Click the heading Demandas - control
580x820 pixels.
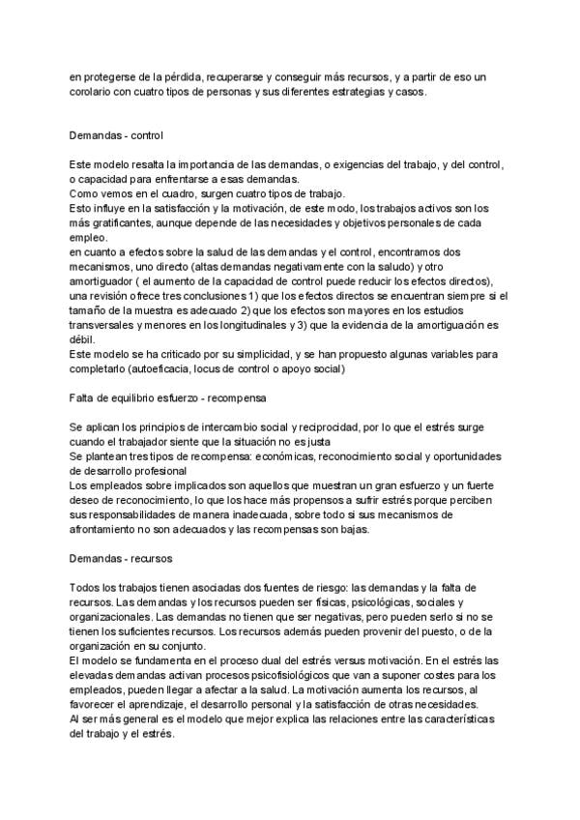point(122,136)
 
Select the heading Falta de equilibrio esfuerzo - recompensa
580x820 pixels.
point(170,397)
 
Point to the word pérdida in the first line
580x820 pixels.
point(194,75)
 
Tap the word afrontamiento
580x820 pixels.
point(108,529)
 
